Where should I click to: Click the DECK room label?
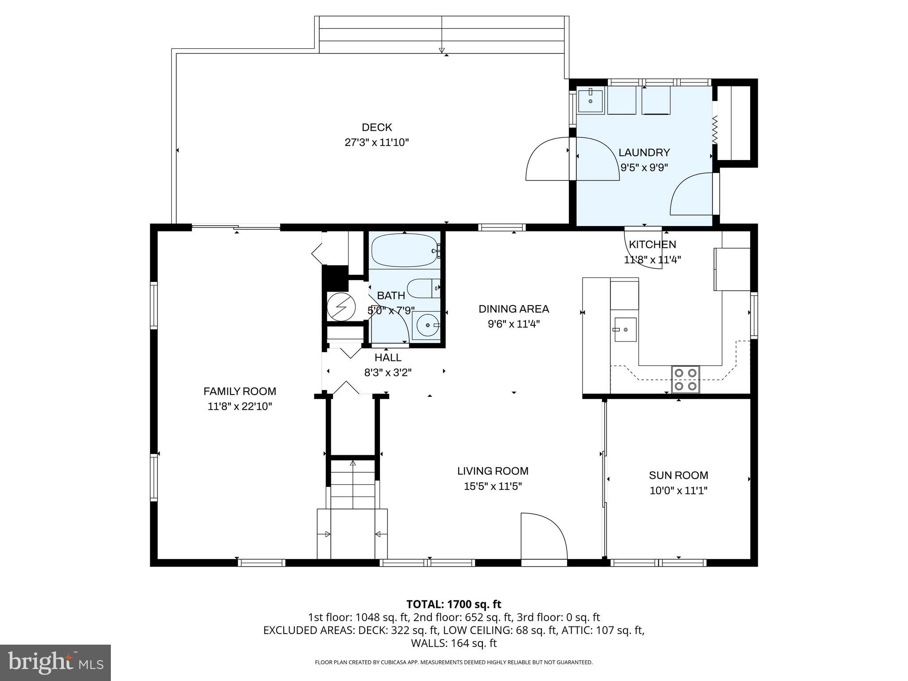coord(377,127)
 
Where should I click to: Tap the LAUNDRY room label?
coord(644,153)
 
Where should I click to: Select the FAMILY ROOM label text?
coord(240,391)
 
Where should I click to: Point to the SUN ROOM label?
coord(678,475)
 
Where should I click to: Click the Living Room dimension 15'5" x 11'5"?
coord(493,486)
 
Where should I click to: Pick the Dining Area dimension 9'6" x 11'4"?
coord(514,324)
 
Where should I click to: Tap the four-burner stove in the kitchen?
coord(685,380)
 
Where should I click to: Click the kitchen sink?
coord(625,329)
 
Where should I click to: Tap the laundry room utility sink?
coord(591,102)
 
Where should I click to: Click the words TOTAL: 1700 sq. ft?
coord(454,604)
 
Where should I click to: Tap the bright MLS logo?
coord(55,662)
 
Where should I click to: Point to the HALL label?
coord(388,357)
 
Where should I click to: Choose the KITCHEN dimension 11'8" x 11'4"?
coord(652,260)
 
